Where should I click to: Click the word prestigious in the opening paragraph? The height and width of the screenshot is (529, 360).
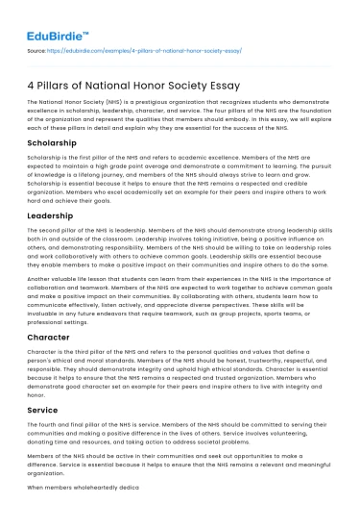156,100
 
